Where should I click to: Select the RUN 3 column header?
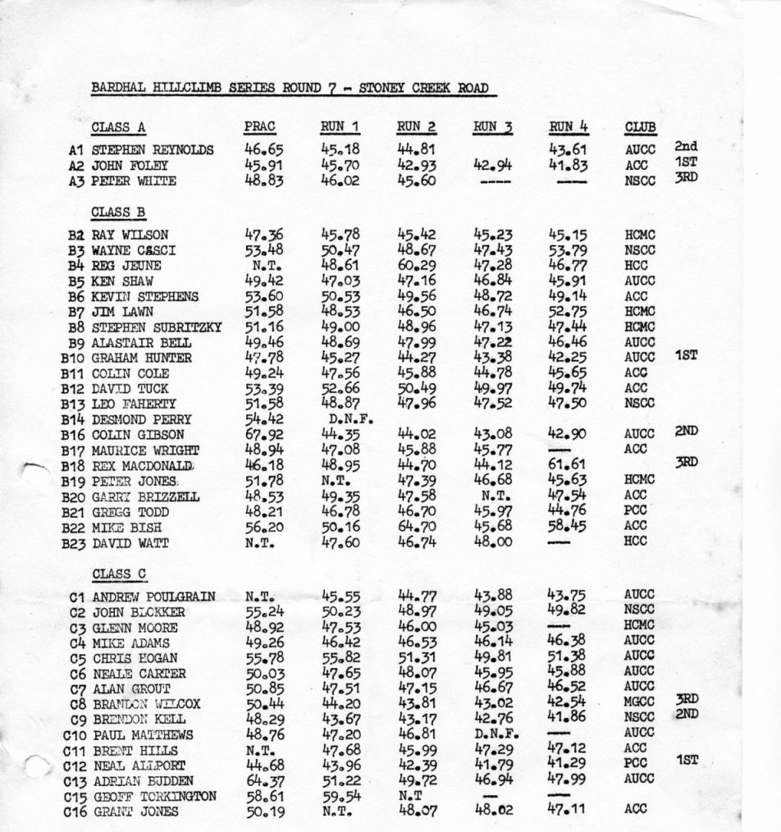(493, 126)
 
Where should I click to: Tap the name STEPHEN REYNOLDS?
(153, 150)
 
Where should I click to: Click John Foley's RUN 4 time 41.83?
(569, 165)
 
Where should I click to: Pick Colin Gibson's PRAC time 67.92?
(264, 434)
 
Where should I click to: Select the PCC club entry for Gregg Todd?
(637, 511)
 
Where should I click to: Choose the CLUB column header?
(640, 127)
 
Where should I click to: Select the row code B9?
(77, 342)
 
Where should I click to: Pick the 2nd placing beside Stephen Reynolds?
(685, 147)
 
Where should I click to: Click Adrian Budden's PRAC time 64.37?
(264, 779)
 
